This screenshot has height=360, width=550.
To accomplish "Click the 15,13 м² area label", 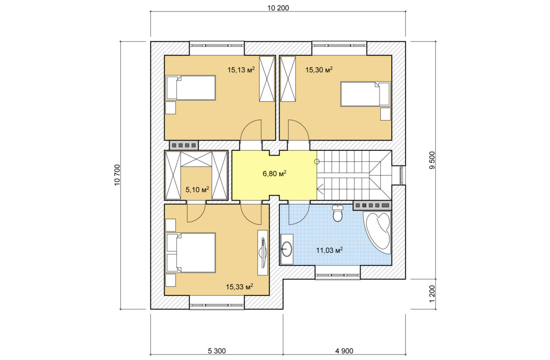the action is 241,70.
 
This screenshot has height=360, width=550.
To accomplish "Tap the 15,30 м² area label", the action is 319,70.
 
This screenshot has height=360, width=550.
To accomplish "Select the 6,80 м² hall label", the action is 274,173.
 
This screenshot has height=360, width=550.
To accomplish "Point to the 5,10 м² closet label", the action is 197,189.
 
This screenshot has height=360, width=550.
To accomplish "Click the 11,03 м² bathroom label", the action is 329,250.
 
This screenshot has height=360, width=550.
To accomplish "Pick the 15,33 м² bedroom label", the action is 239,287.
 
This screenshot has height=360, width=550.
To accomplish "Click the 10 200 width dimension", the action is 278,8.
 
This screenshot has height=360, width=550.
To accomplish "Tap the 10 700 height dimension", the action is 117,175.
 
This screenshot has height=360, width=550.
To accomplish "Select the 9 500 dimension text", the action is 432,160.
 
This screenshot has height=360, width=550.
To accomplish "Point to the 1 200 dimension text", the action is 432,294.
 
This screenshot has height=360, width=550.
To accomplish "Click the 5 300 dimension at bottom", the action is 217,351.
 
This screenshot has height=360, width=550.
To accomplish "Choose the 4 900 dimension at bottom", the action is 344,351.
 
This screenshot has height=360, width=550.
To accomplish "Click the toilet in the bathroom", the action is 338,213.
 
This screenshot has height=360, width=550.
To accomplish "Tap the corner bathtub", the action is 377,233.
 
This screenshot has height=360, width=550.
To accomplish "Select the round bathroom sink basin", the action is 287,249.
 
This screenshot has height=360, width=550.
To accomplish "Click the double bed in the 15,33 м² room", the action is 191,253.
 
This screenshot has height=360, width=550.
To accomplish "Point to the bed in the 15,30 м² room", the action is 365,94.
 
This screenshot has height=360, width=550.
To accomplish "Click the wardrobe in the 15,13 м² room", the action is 267,79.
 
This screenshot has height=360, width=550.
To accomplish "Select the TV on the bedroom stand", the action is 263,253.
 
